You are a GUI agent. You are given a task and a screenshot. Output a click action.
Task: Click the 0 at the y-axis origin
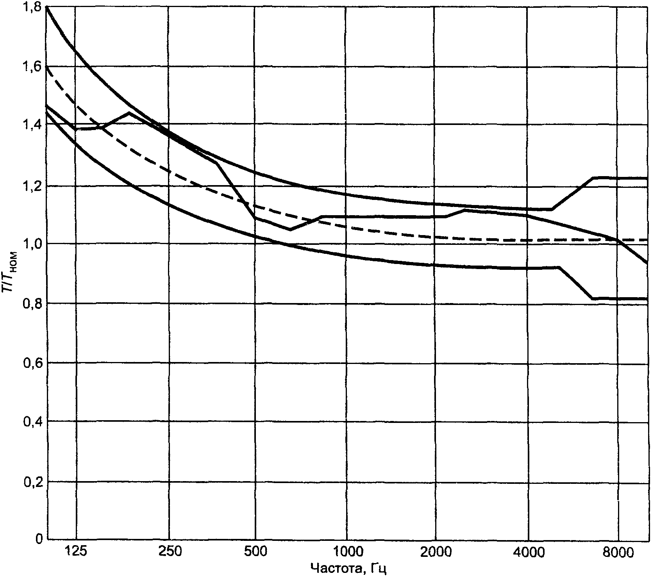point(39,539)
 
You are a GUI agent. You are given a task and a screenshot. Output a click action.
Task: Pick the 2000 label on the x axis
point(435,552)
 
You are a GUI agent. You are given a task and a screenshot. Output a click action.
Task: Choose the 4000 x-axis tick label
point(528,552)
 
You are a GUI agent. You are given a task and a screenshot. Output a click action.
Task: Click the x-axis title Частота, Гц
point(348,568)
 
